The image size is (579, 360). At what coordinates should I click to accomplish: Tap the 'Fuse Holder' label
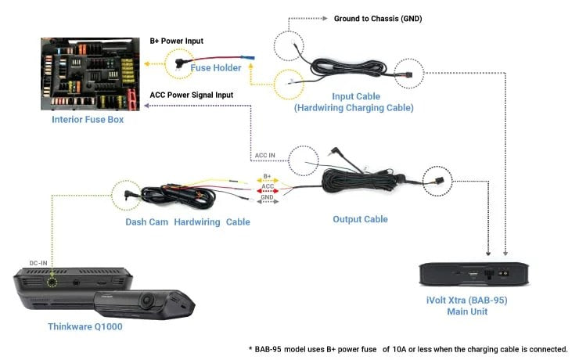pos(216,68)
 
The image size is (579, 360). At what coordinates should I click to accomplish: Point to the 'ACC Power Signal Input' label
pos(191,95)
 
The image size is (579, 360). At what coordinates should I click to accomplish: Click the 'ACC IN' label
pos(265,155)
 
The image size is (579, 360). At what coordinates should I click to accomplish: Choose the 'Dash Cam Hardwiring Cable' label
pos(188,222)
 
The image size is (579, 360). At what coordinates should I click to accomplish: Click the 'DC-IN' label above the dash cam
pos(40,263)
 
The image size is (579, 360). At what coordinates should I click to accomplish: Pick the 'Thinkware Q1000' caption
pos(86,327)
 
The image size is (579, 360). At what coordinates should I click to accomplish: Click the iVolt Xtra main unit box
pos(476,275)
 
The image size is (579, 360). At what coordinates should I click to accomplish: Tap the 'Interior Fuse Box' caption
pos(88,120)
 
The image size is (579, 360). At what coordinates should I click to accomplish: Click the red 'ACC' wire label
pos(268,186)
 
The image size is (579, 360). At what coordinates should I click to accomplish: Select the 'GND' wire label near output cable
pos(267,197)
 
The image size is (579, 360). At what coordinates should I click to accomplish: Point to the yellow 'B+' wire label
pos(267,176)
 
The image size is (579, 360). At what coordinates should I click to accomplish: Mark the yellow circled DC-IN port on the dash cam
pos(52,279)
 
